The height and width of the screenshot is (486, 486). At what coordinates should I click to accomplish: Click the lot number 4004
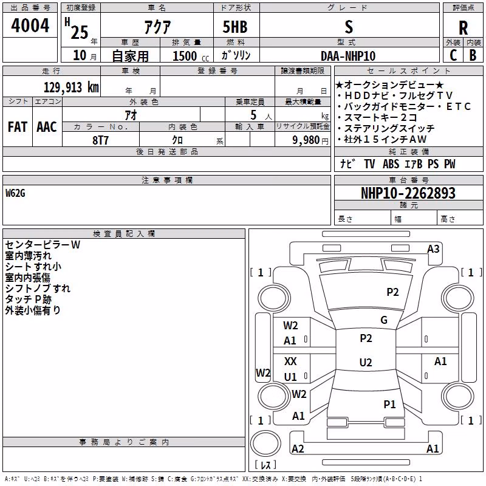pyautogui.click(x=30, y=26)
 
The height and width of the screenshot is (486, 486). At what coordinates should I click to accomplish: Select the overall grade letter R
pyautogui.click(x=463, y=28)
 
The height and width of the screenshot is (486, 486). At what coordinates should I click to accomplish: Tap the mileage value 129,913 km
pyautogui.click(x=71, y=87)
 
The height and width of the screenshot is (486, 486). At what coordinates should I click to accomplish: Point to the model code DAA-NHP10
pyautogui.click(x=348, y=56)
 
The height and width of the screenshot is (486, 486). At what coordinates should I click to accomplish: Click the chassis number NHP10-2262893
pyautogui.click(x=408, y=193)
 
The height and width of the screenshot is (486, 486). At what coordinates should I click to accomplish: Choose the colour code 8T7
pyautogui.click(x=100, y=140)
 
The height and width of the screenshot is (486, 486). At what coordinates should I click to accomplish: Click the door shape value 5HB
pyautogui.click(x=235, y=27)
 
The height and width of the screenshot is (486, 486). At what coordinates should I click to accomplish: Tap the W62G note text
pyautogui.click(x=15, y=193)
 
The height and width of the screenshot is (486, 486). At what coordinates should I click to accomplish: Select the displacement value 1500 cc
pyautogui.click(x=191, y=56)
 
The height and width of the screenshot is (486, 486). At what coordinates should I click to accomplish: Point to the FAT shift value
pyautogui.click(x=18, y=127)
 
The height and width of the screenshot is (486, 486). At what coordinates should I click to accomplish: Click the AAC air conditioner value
pyautogui.click(x=47, y=127)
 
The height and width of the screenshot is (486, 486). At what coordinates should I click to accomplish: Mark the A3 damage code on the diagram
pyautogui.click(x=433, y=249)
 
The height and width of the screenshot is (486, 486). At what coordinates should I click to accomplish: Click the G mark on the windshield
pyautogui.click(x=384, y=320)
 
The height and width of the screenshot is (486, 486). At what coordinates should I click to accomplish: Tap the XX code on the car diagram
pyautogui.click(x=290, y=361)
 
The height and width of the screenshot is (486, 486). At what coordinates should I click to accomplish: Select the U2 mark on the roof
pyautogui.click(x=366, y=362)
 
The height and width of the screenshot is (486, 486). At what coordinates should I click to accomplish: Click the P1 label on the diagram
pyautogui.click(x=389, y=404)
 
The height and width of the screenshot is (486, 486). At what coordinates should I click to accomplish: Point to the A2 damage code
pyautogui.click(x=298, y=448)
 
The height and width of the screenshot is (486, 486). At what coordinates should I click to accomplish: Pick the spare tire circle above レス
pyautogui.click(x=265, y=443)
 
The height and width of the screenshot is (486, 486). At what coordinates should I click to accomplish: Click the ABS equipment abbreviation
pyautogui.click(x=391, y=163)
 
